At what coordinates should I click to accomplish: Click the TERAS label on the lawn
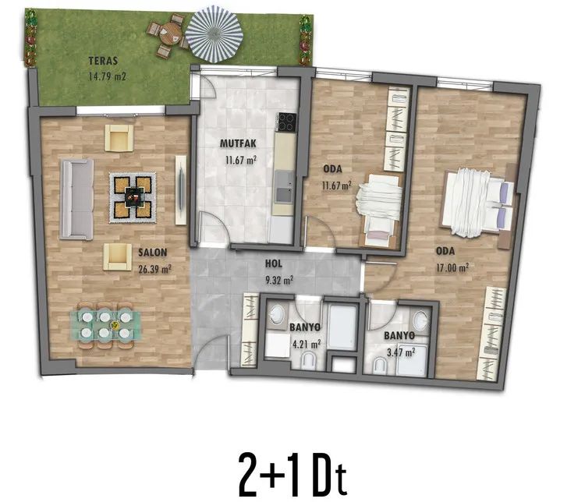pos(103,61)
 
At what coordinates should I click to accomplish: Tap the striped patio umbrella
pos(214,34)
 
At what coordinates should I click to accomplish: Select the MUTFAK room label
pos(238,143)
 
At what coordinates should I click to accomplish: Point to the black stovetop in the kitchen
pos(286,122)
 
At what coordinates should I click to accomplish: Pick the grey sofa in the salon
pos(77,200)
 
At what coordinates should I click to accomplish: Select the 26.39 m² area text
pos(155,269)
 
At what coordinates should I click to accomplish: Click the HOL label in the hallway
pos(274,264)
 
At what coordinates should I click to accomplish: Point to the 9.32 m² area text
pos(279,280)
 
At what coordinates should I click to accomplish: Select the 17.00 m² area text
pos(452,268)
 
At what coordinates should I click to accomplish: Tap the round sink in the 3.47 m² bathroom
pos(421,320)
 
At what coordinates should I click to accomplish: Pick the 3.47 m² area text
pos(402,352)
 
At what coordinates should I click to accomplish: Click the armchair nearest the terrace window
pos(119,138)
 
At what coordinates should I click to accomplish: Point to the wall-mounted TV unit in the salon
pos(181,190)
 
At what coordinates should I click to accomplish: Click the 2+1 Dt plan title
pos(292,474)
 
